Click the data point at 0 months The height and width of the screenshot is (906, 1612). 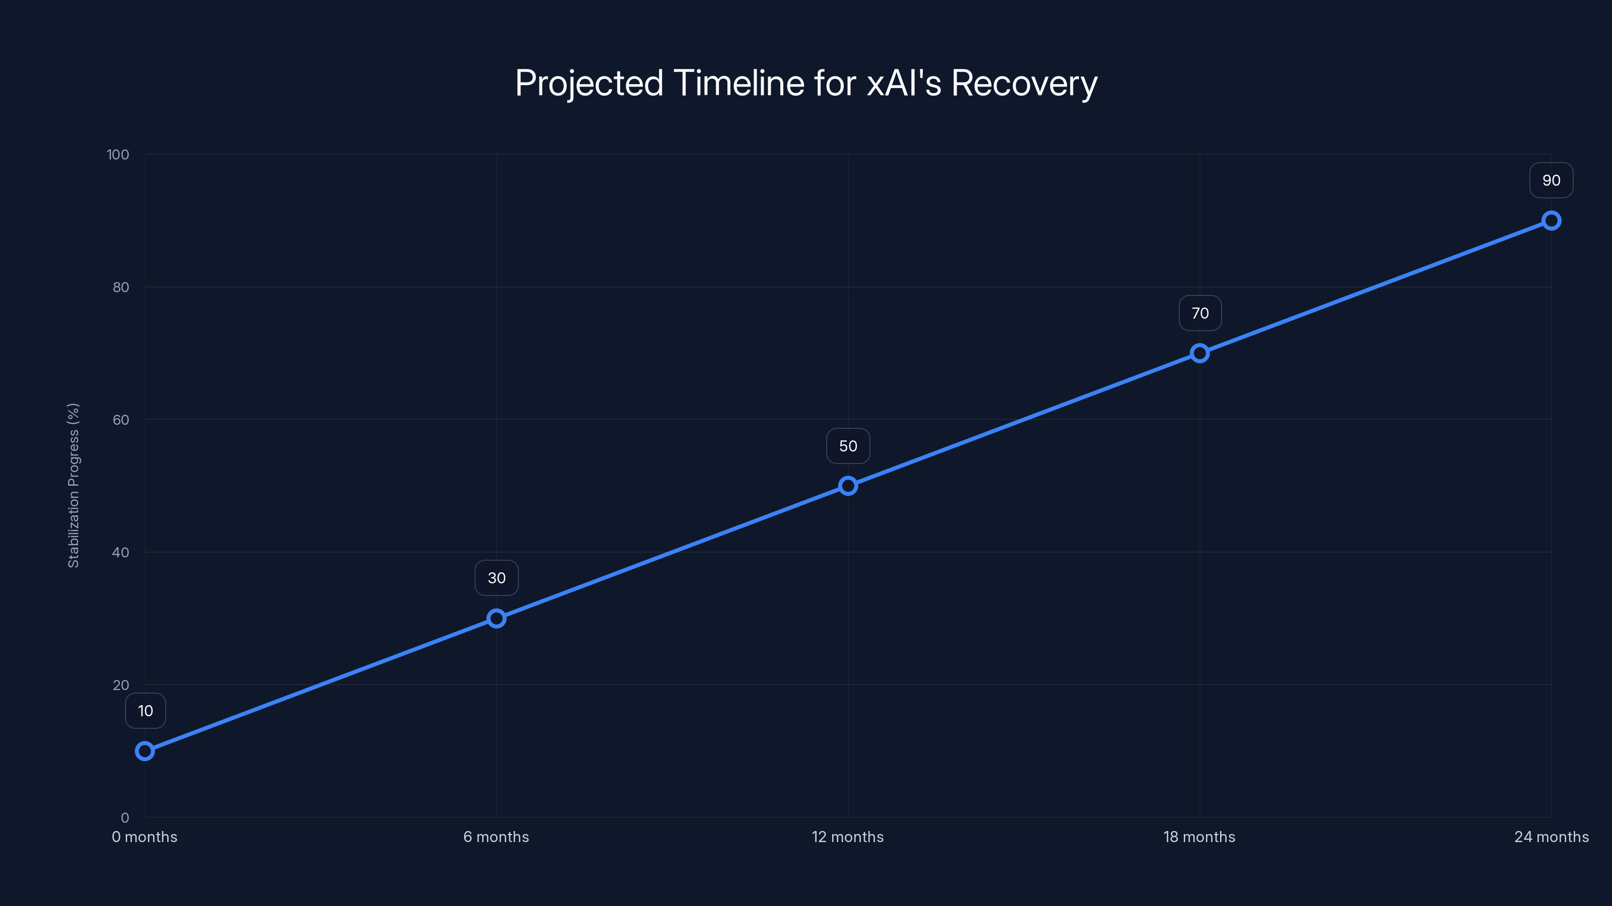click(145, 750)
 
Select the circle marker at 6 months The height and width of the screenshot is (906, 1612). click(496, 619)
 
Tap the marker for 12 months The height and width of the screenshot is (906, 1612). click(848, 486)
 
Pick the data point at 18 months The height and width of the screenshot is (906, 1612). click(1199, 353)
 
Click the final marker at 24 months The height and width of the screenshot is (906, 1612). click(1552, 221)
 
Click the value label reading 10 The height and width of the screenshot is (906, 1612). click(145, 711)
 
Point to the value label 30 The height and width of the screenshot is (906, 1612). click(496, 578)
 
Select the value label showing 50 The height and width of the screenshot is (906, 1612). click(848, 446)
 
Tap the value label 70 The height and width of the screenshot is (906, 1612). click(1199, 313)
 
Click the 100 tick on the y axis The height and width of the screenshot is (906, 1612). click(118, 155)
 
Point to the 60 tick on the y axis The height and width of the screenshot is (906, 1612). click(121, 420)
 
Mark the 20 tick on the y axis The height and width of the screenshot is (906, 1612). click(121, 685)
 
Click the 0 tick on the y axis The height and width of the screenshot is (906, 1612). click(124, 817)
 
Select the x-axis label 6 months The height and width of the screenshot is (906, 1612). click(496, 837)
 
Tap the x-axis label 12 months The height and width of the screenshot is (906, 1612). click(848, 837)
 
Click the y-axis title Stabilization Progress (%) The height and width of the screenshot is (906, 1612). click(73, 485)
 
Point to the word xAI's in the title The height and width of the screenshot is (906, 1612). click(904, 83)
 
